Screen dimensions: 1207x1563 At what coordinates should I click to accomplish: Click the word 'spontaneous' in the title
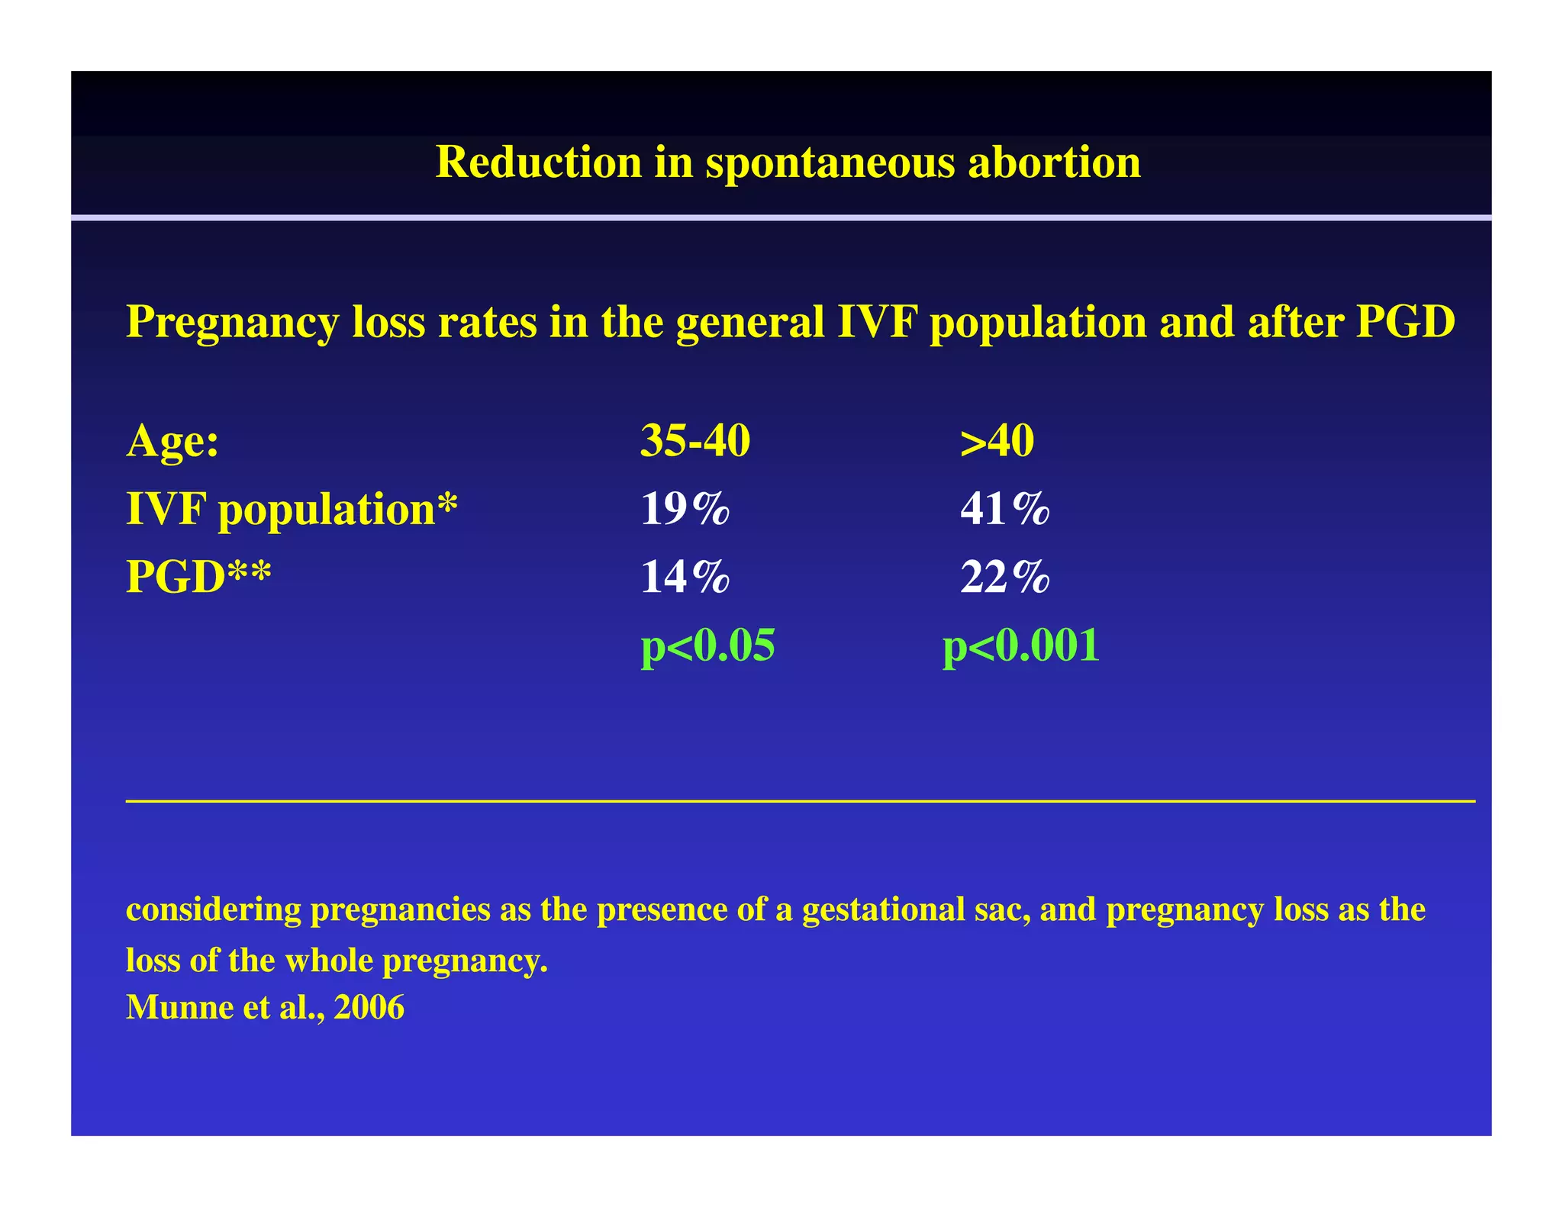pos(830,163)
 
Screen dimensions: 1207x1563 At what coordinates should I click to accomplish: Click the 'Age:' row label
pos(172,441)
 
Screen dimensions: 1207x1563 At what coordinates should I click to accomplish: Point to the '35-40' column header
pos(694,441)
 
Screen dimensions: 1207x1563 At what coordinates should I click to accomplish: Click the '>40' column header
pos(997,441)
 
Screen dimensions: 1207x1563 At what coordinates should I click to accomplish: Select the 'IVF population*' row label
pos(292,510)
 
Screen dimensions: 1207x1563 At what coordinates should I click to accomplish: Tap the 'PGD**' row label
pos(198,577)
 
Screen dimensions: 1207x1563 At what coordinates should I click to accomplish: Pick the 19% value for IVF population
pos(685,509)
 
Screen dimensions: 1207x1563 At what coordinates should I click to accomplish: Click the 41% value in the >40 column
pos(1004,509)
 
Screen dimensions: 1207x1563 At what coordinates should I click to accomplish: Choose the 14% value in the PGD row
pos(685,577)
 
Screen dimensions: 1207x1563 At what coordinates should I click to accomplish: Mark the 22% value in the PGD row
pos(1004,577)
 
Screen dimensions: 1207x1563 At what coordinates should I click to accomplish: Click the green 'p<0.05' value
pos(707,645)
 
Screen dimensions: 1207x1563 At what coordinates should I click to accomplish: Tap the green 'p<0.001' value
pos(1021,645)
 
